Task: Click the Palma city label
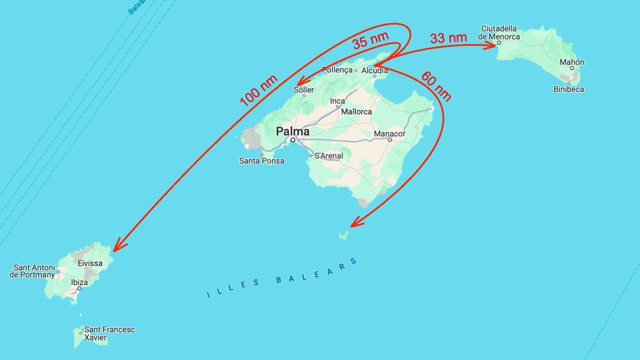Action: (292, 131)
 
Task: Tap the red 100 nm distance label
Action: (258, 90)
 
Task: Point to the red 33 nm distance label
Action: (448, 38)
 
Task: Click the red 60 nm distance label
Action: (436, 86)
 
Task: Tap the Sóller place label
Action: (304, 90)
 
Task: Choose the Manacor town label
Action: (389, 134)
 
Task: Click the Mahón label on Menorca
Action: (571, 62)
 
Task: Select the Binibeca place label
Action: (568, 89)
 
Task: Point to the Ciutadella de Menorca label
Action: (499, 32)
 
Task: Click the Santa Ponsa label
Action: (261, 161)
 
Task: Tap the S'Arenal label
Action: (328, 156)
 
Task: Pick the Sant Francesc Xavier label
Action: (109, 333)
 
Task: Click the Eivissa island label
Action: (90, 263)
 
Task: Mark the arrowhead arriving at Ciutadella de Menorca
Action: (492, 45)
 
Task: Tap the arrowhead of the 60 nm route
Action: (354, 223)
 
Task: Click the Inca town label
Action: (337, 101)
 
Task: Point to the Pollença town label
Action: (337, 70)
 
